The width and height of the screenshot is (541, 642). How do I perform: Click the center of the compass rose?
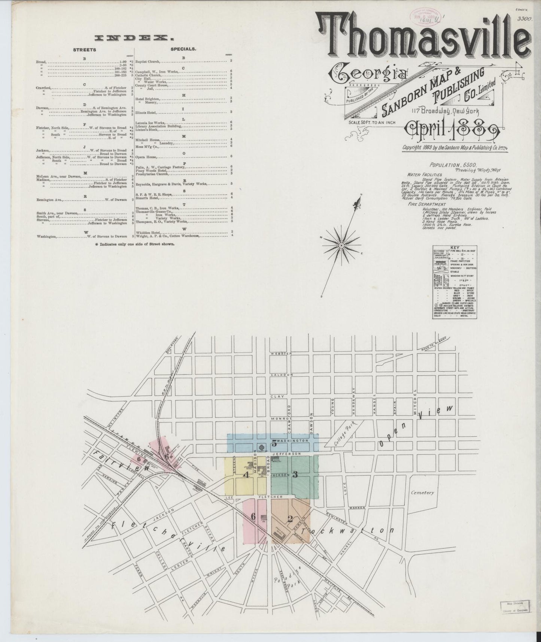point(341,245)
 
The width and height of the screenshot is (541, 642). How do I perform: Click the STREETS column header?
point(84,49)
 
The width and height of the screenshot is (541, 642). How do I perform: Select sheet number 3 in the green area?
point(295,475)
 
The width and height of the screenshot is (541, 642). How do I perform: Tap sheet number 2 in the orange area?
point(289,519)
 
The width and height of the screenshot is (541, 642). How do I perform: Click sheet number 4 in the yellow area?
point(246,475)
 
